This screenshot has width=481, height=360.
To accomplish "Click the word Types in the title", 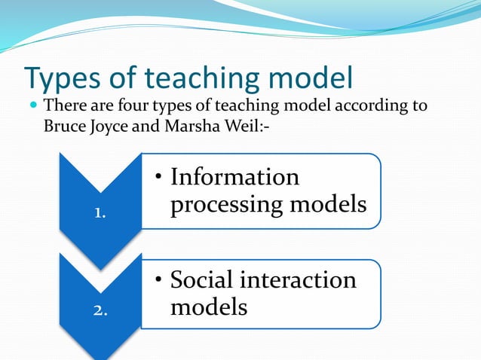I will point(63,78).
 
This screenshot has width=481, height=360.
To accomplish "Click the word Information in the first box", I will point(234,178).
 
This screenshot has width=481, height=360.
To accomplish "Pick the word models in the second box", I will point(208,307).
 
